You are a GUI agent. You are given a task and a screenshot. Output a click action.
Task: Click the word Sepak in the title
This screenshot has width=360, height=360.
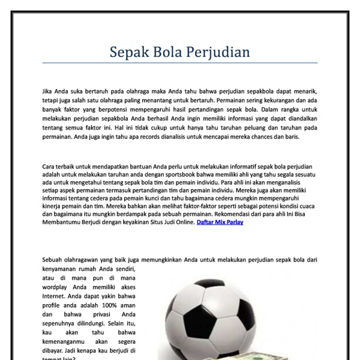pos(128,53)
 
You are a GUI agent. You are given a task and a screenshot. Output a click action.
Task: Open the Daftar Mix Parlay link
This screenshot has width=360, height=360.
pos(220,222)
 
